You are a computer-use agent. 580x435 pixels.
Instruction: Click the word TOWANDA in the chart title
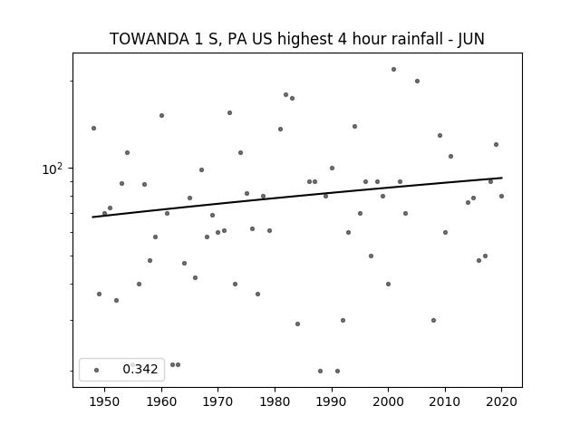(150, 39)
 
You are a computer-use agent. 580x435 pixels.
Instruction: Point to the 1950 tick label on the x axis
(105, 401)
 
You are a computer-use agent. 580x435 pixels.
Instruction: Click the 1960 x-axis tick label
(161, 401)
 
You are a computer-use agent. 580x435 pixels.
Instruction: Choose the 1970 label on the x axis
(218, 401)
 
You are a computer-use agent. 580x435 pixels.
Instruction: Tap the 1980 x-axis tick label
(275, 401)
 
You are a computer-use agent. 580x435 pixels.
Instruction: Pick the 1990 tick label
(332, 401)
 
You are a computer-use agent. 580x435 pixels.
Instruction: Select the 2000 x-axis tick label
(389, 401)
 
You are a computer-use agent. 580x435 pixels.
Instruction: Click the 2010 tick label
(445, 401)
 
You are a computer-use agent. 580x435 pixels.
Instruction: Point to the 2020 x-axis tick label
(501, 401)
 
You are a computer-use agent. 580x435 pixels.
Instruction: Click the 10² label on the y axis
(53, 169)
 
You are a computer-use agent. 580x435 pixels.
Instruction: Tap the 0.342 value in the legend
(140, 369)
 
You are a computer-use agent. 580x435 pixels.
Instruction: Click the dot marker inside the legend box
(97, 370)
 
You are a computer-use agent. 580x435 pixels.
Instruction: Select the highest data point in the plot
(393, 69)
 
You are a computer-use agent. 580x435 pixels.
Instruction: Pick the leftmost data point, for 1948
(93, 128)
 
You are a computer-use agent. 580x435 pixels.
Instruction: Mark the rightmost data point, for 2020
(501, 196)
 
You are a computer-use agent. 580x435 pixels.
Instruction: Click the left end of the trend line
(92, 217)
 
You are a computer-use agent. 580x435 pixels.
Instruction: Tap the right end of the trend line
(502, 178)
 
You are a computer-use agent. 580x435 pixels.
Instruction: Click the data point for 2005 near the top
(417, 81)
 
